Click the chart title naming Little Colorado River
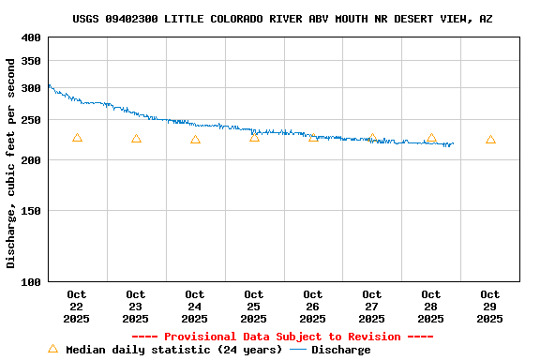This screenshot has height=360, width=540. coord(282,19)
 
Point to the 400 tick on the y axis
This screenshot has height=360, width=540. coord(31,37)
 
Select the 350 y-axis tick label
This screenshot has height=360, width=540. coord(31,61)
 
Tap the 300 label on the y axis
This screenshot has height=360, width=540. coord(31,88)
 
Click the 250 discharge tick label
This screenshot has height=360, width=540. coord(31,120)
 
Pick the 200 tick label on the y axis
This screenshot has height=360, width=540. coord(31,160)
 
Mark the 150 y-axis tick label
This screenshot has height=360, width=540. coord(31,211)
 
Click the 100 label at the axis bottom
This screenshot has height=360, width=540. coord(31,281)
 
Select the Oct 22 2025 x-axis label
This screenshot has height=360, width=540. coord(77,307)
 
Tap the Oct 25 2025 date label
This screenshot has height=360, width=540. coord(254,307)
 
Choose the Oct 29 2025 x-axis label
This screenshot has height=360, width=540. coord(490,307)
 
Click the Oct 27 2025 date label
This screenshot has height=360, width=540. coord(372,307)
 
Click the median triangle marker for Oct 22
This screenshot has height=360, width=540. coord(77,138)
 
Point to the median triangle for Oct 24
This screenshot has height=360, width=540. coord(195,140)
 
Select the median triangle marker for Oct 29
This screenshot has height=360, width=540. coord(490,140)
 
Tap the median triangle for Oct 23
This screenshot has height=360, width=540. coord(136,139)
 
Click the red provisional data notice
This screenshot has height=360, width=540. coord(282,337)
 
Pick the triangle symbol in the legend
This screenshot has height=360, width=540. coord(53,349)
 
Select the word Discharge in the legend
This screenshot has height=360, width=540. coord(340,350)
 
